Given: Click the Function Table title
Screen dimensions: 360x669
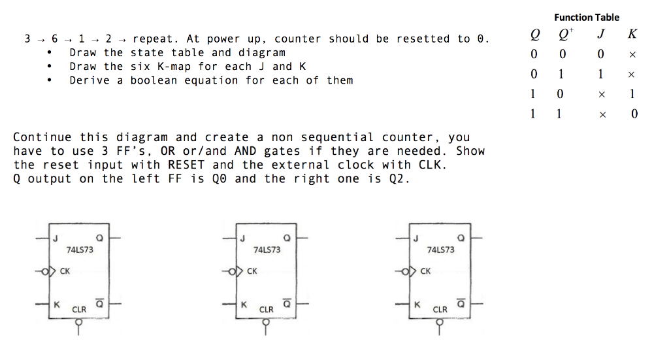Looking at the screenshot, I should (586, 18).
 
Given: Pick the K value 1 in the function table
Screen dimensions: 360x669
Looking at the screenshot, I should (632, 94).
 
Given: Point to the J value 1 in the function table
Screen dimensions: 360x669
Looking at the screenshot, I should (600, 74).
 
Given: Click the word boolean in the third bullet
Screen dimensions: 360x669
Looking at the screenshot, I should (152, 80).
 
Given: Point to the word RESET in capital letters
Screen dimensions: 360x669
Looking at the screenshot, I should (186, 165).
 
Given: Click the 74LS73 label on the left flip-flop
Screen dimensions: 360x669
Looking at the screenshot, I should (80, 250).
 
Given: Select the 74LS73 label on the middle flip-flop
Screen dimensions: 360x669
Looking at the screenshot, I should (267, 250).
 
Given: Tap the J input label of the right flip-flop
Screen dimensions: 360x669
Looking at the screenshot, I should (416, 238).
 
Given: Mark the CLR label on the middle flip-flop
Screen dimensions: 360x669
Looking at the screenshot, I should (267, 309).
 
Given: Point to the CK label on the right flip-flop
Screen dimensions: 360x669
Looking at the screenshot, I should (425, 271).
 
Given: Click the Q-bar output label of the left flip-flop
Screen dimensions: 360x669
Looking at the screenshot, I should (100, 304).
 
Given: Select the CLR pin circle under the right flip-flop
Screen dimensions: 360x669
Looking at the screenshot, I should (440, 322).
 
